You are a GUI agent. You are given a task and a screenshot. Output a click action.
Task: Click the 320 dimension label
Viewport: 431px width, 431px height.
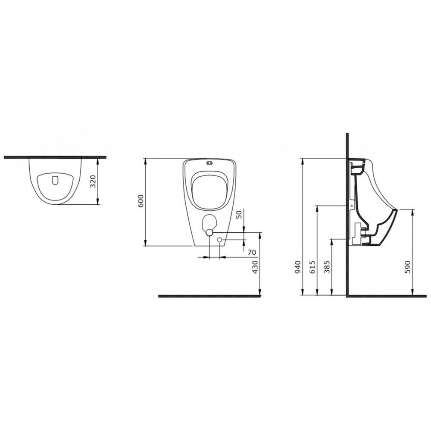(93, 181)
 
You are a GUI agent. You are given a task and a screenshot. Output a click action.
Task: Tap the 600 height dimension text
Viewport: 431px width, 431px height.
(141, 201)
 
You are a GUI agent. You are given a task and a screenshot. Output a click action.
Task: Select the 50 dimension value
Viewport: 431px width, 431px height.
(239, 214)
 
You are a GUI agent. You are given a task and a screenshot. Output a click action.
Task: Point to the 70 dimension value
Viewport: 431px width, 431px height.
(252, 252)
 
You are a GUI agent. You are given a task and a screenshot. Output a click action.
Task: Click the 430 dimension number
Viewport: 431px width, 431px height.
(255, 267)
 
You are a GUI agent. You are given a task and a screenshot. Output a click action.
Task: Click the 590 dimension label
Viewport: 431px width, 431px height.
(407, 267)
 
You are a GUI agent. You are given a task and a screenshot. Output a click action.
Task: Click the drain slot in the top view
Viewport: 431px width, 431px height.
(55, 180)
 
